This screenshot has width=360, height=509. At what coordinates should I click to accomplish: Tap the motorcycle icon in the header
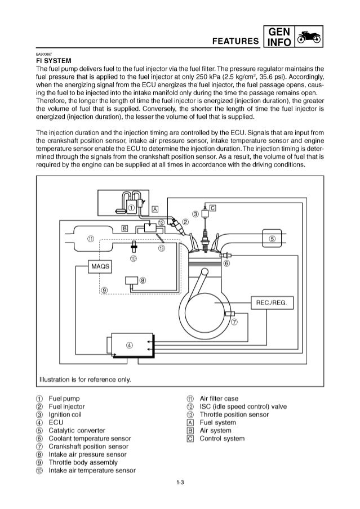click(x=310, y=37)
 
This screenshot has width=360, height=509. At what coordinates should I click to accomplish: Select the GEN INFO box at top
click(x=280, y=36)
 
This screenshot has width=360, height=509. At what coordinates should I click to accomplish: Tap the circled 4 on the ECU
click(x=130, y=345)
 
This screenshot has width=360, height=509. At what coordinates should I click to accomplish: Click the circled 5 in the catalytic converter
click(x=272, y=238)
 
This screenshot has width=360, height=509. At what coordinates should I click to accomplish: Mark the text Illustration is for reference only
click(x=85, y=379)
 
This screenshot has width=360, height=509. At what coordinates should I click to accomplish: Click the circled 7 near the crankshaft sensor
click(x=234, y=322)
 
